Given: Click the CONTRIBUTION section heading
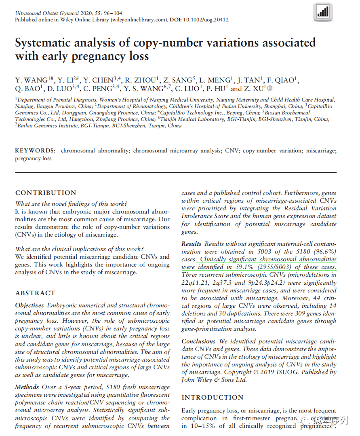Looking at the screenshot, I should [46, 193].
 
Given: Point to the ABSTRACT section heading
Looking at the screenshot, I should [36, 293].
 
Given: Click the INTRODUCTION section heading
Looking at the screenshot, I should [213, 397].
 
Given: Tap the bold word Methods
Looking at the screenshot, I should [27, 387].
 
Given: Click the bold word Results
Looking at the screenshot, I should [191, 244].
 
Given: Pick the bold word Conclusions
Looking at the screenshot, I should [198, 341].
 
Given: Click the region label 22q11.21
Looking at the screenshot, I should [195, 283].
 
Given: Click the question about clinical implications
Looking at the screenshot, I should [79, 249].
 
